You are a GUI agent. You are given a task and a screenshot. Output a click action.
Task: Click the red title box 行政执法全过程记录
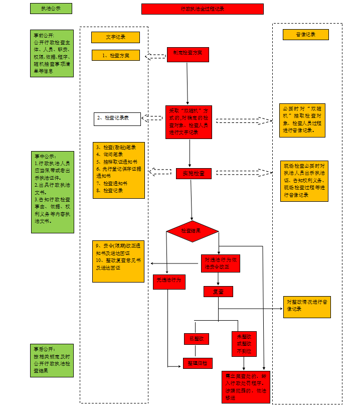tap(202, 9)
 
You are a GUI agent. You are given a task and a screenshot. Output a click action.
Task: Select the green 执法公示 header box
tap(51, 9)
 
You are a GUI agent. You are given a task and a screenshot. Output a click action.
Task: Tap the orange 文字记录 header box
tap(115, 37)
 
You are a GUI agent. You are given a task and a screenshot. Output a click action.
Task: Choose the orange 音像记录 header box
tap(305, 35)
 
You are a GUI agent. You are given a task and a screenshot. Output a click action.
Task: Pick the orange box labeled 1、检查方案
tap(116, 55)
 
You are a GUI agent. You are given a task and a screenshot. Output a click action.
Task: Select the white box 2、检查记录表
tap(117, 118)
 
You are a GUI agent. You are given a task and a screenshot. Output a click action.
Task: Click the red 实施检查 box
tap(194, 173)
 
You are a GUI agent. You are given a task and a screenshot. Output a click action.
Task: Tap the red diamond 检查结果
tap(193, 231)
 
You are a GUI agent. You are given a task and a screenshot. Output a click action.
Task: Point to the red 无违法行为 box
tap(169, 282)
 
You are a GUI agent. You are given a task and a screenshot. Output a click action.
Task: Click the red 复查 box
tap(218, 292)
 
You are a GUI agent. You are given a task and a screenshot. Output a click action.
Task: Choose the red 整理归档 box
tap(198, 363)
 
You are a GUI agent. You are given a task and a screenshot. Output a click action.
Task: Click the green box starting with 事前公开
tap(52, 53)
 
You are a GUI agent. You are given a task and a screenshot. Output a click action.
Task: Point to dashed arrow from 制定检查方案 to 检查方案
tap(155, 56)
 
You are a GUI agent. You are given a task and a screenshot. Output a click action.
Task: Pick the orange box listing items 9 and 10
tap(118, 261)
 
